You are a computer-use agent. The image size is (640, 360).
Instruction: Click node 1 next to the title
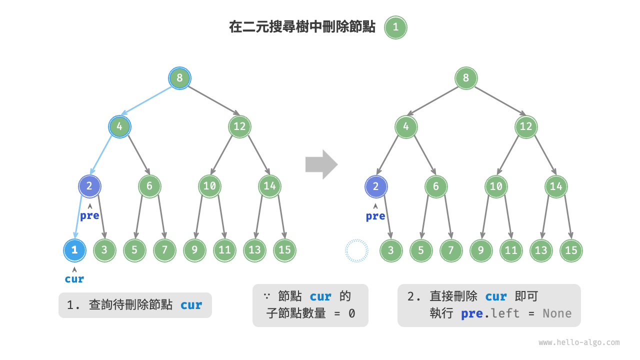tap(395, 27)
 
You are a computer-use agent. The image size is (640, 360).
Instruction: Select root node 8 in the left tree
tap(179, 78)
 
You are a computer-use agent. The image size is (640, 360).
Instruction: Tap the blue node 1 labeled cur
tap(74, 250)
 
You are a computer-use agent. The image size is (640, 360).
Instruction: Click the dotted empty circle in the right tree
tap(356, 250)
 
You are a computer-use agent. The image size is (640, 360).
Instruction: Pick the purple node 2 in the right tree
tap(376, 186)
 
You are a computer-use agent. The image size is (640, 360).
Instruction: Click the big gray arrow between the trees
tap(321, 164)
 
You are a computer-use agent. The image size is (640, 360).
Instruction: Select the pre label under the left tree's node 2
tap(89, 216)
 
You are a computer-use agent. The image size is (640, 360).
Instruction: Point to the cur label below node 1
tap(74, 279)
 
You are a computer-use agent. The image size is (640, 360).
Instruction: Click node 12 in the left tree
tap(239, 126)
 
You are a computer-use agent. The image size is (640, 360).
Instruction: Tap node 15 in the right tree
tap(571, 250)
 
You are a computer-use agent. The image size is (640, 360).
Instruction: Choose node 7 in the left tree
tap(164, 250)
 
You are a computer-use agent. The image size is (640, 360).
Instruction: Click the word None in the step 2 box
tap(557, 313)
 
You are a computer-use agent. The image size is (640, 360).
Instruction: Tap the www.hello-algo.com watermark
tap(578, 342)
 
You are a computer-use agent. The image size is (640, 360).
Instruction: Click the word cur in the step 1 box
tap(191, 305)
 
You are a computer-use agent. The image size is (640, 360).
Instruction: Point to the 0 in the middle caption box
tap(351, 313)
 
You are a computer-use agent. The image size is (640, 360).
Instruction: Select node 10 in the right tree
tap(496, 186)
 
